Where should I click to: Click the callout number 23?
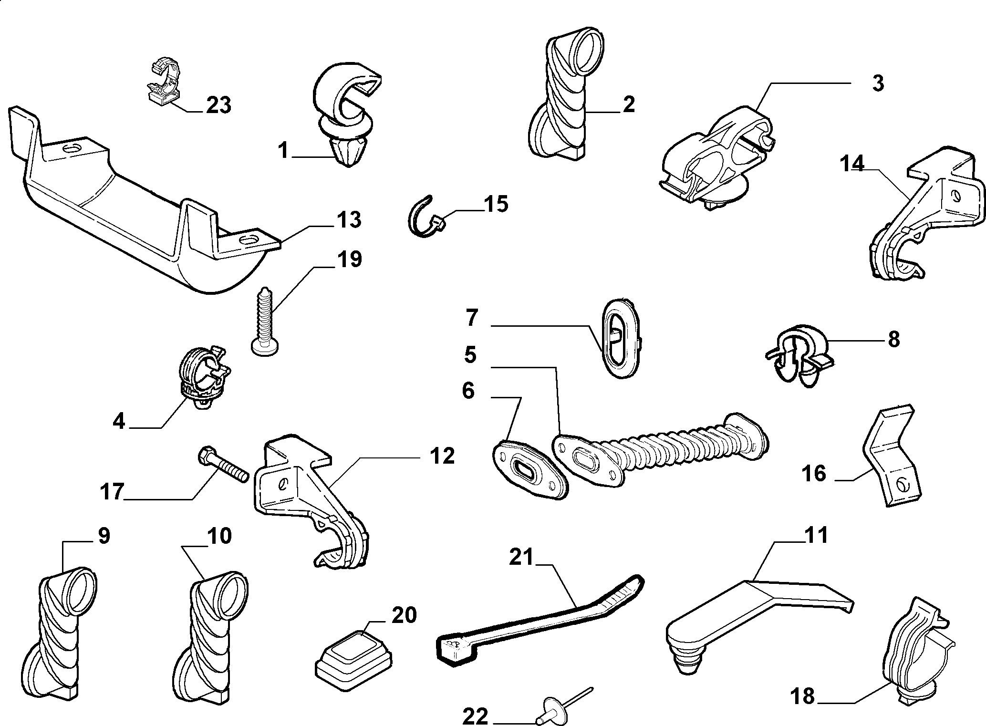pyautogui.click(x=218, y=104)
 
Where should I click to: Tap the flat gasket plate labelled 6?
pyautogui.click(x=530, y=470)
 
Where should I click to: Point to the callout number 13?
pyautogui.click(x=349, y=220)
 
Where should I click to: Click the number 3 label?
pyautogui.click(x=878, y=83)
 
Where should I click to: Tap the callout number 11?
pyautogui.click(x=816, y=535)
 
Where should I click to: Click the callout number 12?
pyautogui.click(x=442, y=456)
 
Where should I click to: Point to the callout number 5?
pyautogui.click(x=470, y=355)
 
